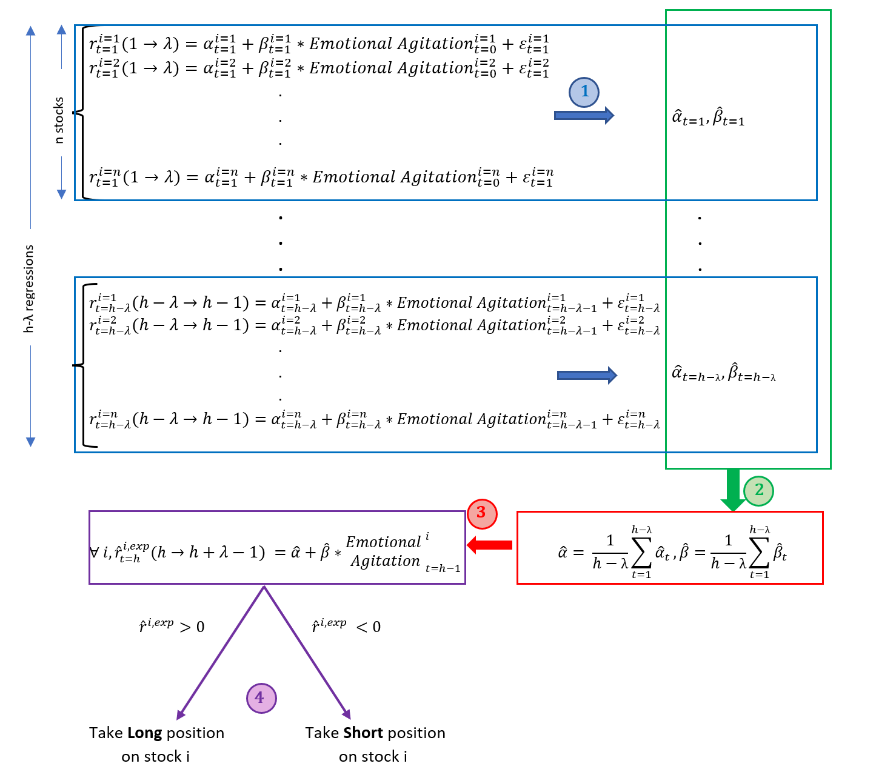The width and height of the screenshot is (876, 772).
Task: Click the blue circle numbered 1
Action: (584, 92)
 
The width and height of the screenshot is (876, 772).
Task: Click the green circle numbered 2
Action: (758, 491)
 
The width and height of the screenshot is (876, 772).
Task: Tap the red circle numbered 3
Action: (482, 513)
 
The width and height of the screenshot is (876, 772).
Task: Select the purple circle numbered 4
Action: (261, 698)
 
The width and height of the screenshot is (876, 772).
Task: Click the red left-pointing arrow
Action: (489, 545)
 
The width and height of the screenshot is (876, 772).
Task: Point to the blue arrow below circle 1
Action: (584, 115)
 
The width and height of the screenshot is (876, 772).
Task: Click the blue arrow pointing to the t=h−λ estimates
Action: (587, 375)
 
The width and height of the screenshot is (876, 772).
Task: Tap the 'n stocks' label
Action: (59, 120)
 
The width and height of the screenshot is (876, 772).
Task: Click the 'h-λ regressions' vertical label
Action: (28, 289)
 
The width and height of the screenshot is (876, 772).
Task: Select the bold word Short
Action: (363, 733)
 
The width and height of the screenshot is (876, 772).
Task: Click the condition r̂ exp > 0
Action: (172, 625)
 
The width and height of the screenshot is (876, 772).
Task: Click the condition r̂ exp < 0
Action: (346, 625)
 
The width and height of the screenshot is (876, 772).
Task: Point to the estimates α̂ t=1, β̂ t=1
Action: (708, 117)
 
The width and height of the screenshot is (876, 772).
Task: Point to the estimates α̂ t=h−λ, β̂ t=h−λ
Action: (723, 373)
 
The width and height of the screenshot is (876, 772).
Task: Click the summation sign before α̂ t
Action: (641, 553)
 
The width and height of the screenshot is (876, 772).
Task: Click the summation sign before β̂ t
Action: (759, 553)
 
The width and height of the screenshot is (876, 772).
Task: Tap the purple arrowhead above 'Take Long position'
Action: (181, 714)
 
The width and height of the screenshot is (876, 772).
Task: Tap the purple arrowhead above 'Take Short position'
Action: (346, 714)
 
